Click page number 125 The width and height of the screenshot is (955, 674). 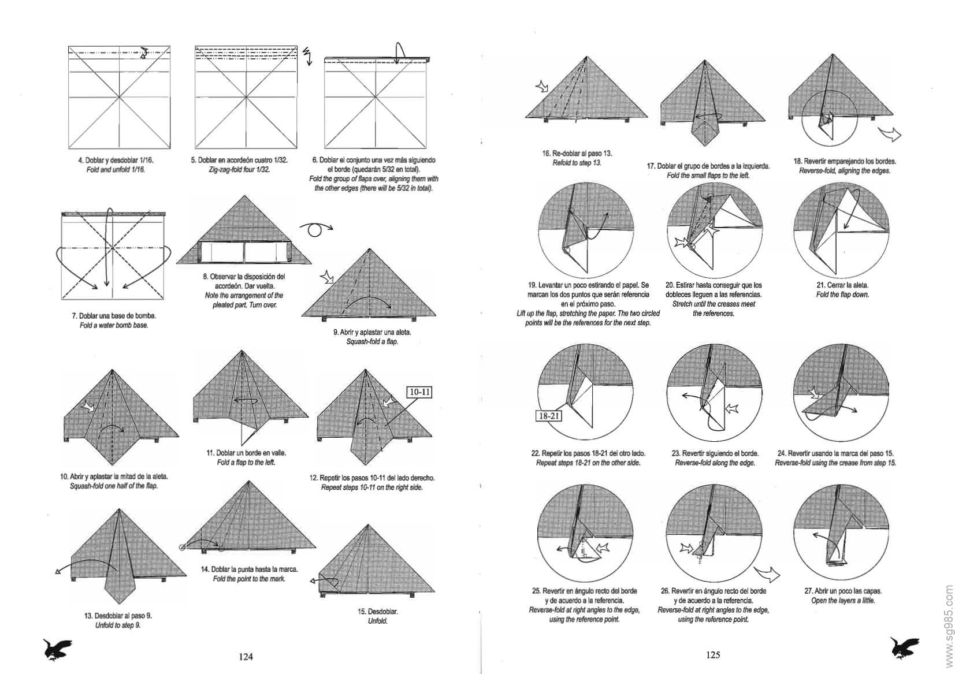(x=713, y=654)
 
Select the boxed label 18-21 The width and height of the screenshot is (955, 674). (x=548, y=415)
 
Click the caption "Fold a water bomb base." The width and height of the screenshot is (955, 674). (x=114, y=325)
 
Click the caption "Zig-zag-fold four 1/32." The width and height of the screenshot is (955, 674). (x=239, y=169)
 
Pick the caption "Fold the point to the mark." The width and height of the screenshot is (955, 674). (x=249, y=579)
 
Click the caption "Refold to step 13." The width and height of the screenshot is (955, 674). (x=577, y=163)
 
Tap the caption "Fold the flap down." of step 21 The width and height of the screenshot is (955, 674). (x=842, y=295)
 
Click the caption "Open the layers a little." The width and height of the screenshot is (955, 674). (x=843, y=601)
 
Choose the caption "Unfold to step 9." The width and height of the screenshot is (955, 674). (x=118, y=625)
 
